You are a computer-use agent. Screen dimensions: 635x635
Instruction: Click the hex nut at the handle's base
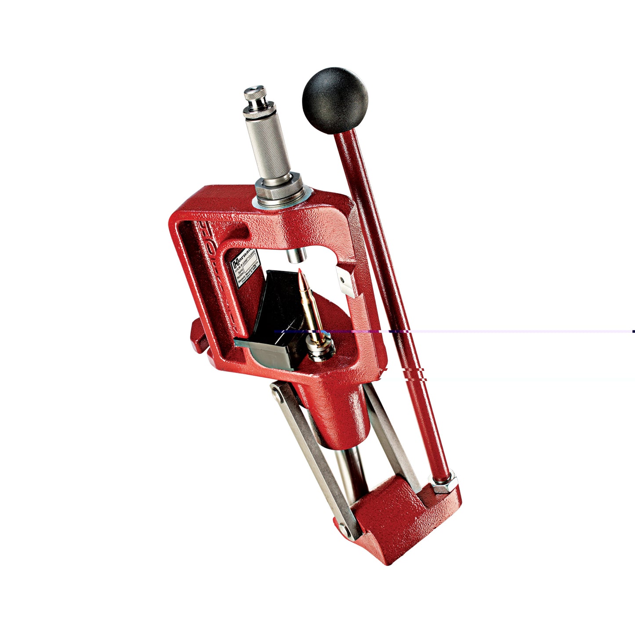pos(443,483)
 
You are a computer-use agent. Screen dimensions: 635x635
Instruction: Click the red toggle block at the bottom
pos(396,519)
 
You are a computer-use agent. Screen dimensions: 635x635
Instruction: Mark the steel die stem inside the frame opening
pos(295,255)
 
